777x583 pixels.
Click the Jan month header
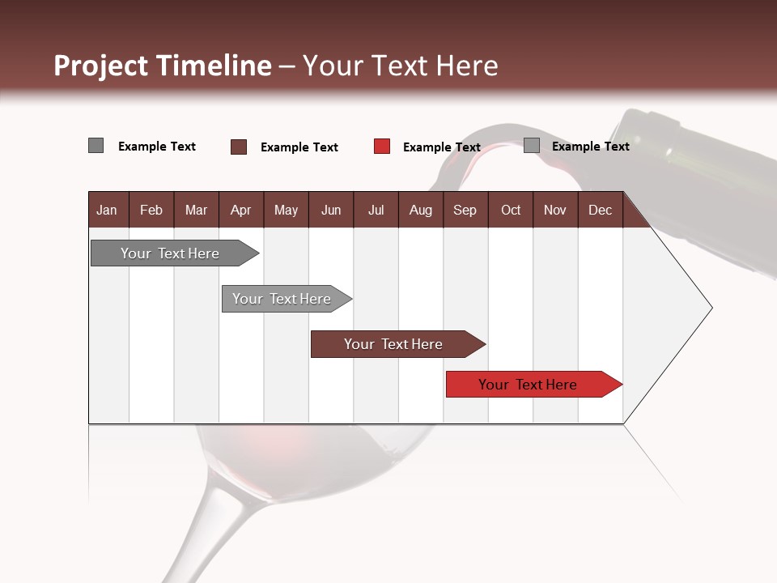point(107,210)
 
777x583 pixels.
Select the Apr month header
point(241,210)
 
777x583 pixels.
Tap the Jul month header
point(376,210)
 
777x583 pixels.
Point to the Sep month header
point(465,210)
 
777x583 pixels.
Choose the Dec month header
point(600,210)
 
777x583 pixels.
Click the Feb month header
point(151,210)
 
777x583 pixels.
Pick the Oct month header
point(511,210)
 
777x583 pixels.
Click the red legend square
point(382,147)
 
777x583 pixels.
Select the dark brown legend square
point(239,147)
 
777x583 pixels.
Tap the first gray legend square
point(96,146)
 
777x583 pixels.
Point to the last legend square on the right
point(532,146)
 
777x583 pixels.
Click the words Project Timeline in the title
point(162,66)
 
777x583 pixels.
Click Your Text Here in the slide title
point(400,66)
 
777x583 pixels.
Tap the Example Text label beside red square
point(441,147)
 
